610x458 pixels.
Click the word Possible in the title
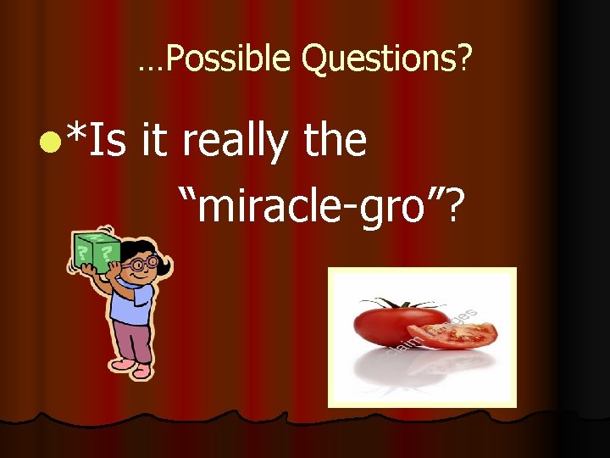pyautogui.click(x=228, y=59)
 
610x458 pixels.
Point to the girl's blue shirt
pyautogui.click(x=135, y=302)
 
